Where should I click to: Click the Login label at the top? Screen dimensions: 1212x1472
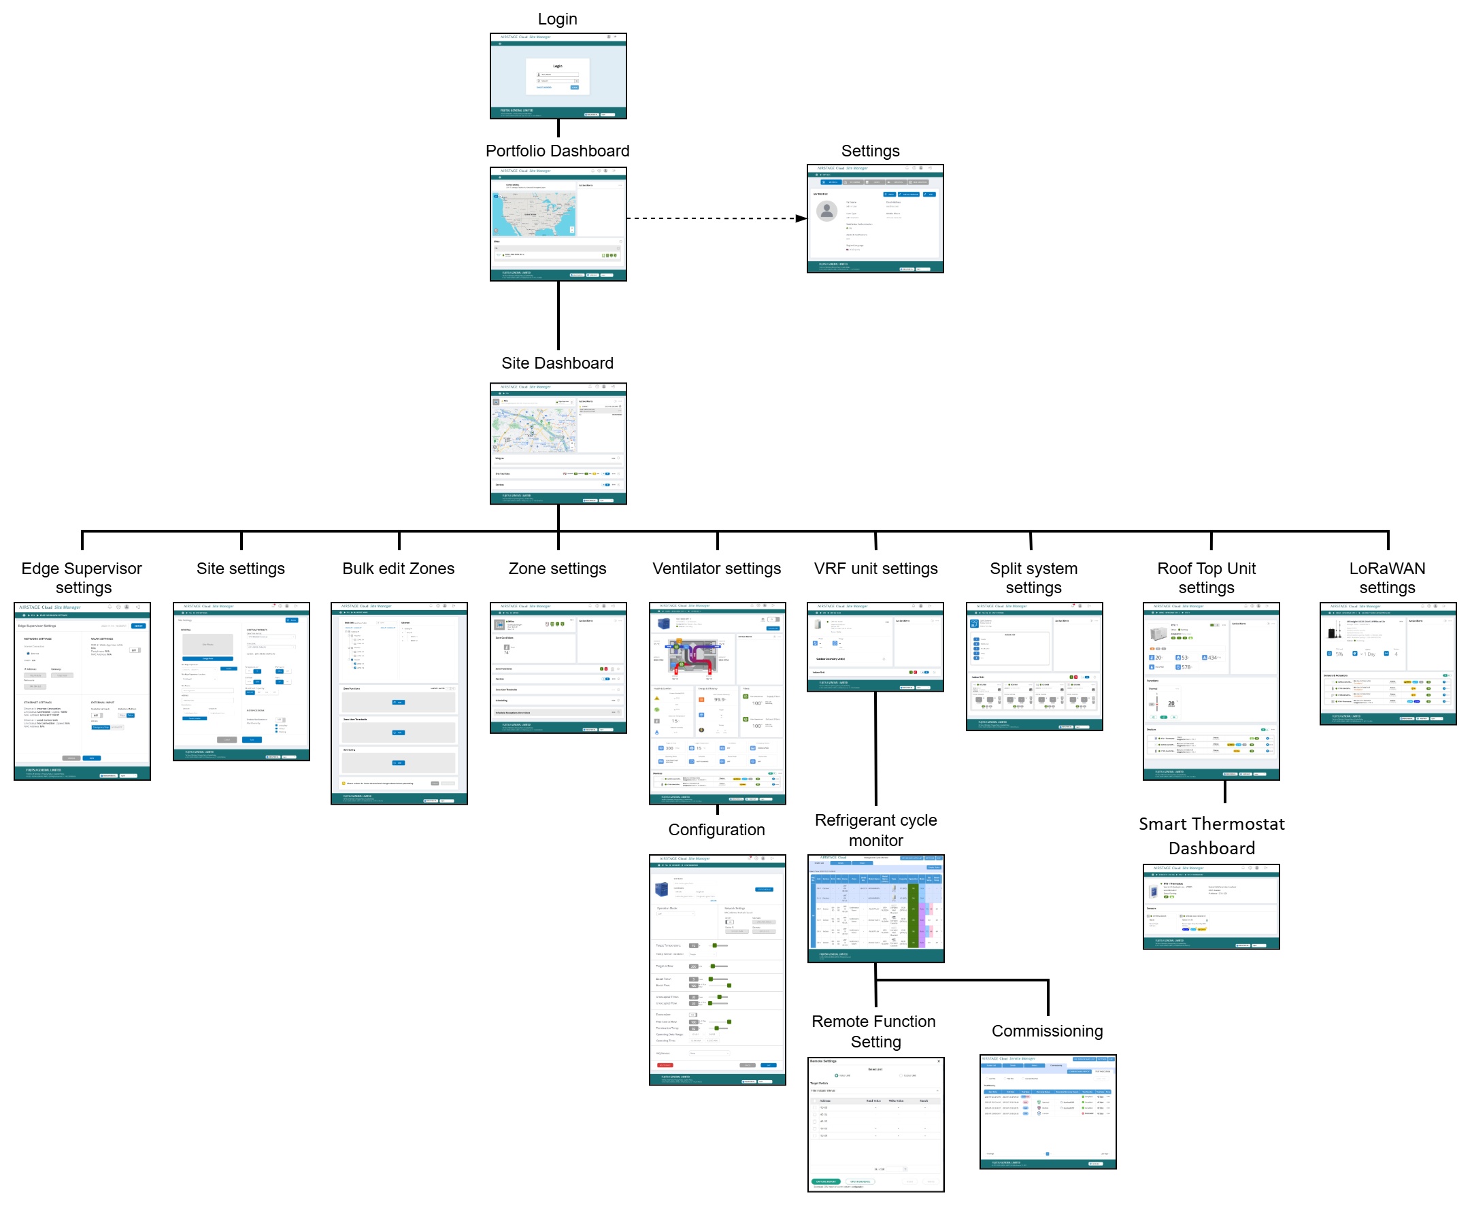[557, 19]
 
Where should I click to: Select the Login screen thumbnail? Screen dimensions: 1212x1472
[558, 75]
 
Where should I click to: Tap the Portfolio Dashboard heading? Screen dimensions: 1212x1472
[557, 151]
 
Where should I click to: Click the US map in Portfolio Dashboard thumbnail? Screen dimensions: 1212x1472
[534, 214]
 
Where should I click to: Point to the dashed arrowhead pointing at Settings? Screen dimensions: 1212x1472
[801, 218]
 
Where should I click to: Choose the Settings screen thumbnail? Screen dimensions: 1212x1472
[874, 218]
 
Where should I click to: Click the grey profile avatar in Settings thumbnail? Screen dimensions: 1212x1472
[826, 210]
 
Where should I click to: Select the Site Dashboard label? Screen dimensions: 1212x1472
[557, 363]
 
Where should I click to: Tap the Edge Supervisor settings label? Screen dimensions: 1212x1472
[82, 578]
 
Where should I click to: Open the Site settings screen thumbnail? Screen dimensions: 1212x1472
[241, 681]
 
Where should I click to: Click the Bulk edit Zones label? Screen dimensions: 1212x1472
[398, 569]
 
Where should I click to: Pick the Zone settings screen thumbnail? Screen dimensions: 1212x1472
[558, 667]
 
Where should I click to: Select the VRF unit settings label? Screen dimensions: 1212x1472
[875, 569]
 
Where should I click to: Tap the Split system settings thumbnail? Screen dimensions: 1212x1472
[1033, 666]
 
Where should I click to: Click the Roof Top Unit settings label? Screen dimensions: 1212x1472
[1206, 578]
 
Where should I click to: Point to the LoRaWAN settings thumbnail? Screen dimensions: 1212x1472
[1388, 663]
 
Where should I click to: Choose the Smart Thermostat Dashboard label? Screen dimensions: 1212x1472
[1211, 836]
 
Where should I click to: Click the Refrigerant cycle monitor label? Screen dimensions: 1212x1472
[875, 830]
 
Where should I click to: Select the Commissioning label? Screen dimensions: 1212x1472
[1047, 1031]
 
